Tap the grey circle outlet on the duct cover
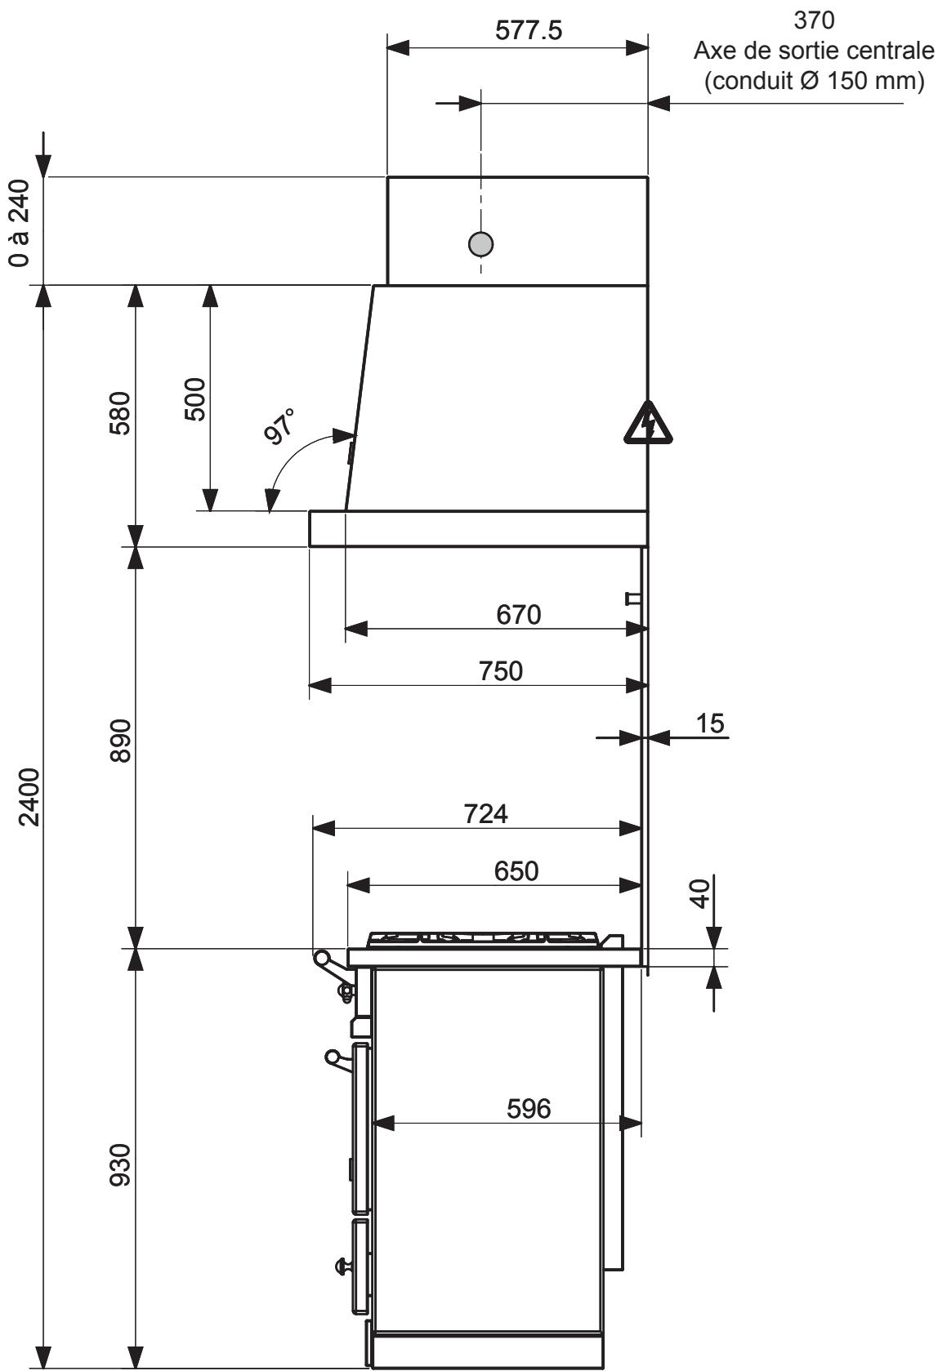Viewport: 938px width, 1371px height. point(481,243)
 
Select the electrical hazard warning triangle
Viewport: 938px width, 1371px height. point(648,423)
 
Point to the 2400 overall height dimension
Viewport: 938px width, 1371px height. point(29,797)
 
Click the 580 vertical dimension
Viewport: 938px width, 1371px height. point(119,414)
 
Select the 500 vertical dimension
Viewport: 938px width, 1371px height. point(194,398)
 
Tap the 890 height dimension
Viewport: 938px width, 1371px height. point(119,741)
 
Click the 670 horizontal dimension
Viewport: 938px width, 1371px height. point(519,614)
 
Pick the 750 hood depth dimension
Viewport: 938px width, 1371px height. point(500,670)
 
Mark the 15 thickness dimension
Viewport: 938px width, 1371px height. point(710,723)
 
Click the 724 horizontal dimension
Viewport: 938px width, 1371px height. point(485,814)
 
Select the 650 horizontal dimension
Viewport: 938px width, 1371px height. point(516,870)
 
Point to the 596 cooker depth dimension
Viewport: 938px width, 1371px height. point(529,1109)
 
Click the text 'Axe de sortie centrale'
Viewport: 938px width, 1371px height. point(812,51)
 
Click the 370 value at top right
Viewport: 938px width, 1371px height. point(814,19)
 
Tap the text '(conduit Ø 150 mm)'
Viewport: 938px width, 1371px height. point(814,81)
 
